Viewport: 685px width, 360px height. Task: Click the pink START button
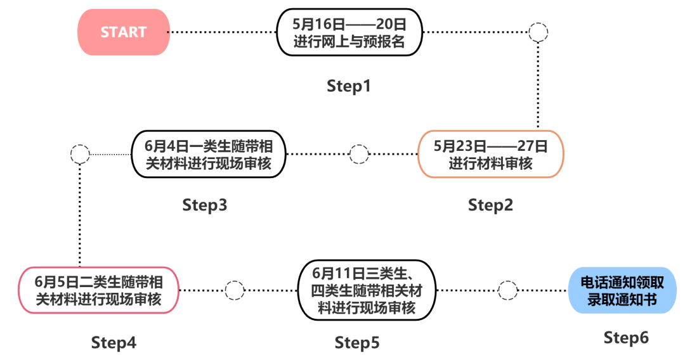pyautogui.click(x=124, y=32)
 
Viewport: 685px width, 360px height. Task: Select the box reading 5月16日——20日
pyautogui.click(x=349, y=32)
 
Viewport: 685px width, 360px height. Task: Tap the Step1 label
pyautogui.click(x=348, y=86)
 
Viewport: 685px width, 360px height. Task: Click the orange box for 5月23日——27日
pyautogui.click(x=490, y=154)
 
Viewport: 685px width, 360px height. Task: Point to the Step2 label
pyautogui.click(x=490, y=205)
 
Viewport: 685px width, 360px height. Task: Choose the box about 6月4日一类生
pyautogui.click(x=208, y=154)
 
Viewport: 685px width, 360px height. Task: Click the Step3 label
pyautogui.click(x=205, y=205)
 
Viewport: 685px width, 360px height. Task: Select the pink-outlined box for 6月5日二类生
pyautogui.click(x=98, y=290)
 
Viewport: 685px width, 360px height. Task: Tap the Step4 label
pyautogui.click(x=114, y=343)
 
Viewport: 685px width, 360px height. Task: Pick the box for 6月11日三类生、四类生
pyautogui.click(x=367, y=290)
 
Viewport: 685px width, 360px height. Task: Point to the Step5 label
pyautogui.click(x=357, y=343)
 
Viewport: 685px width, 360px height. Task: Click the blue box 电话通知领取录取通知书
pyautogui.click(x=622, y=290)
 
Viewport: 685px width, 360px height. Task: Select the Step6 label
pyautogui.click(x=626, y=338)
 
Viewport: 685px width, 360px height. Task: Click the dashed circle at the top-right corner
pyautogui.click(x=538, y=32)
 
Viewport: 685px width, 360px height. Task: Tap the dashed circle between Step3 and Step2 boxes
pyautogui.click(x=359, y=154)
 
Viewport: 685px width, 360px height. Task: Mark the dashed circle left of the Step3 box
pyautogui.click(x=80, y=154)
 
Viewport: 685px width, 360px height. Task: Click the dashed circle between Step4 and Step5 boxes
pyautogui.click(x=235, y=290)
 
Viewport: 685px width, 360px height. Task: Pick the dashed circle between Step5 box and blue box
pyautogui.click(x=507, y=290)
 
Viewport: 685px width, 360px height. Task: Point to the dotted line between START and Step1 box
pyautogui.click(x=222, y=32)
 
